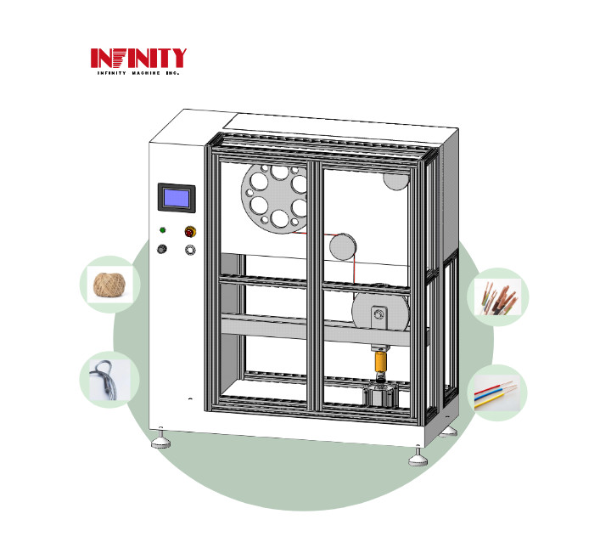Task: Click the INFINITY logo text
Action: [x=138, y=58]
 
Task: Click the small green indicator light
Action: [x=162, y=229]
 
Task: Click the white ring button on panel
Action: [x=191, y=249]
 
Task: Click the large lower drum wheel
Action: [x=381, y=312]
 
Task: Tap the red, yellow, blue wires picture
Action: [x=497, y=393]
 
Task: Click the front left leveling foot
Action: [x=161, y=442]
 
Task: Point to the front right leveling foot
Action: [x=418, y=460]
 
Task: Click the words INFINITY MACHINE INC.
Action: [x=138, y=75]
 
